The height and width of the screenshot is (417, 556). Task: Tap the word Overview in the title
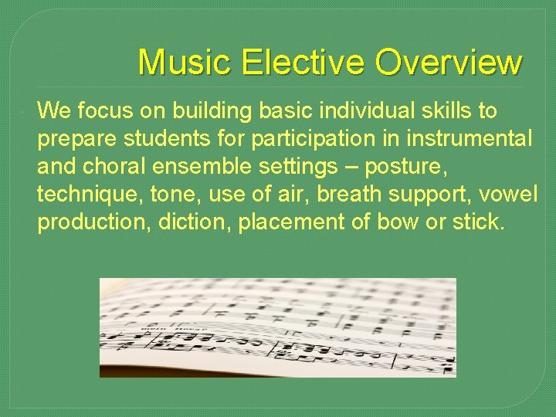click(449, 63)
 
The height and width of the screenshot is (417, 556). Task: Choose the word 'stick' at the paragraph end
click(476, 222)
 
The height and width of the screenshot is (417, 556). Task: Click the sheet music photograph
click(277, 327)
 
